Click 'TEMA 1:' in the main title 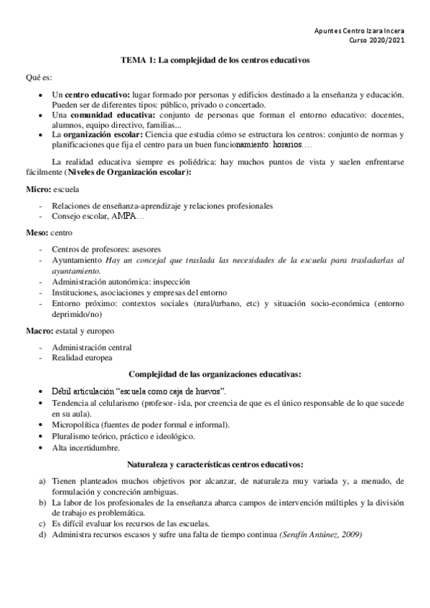[134, 61]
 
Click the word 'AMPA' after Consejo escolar [123, 217]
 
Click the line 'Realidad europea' [81, 357]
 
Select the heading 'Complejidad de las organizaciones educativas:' [214, 374]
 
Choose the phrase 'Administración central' [91, 347]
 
